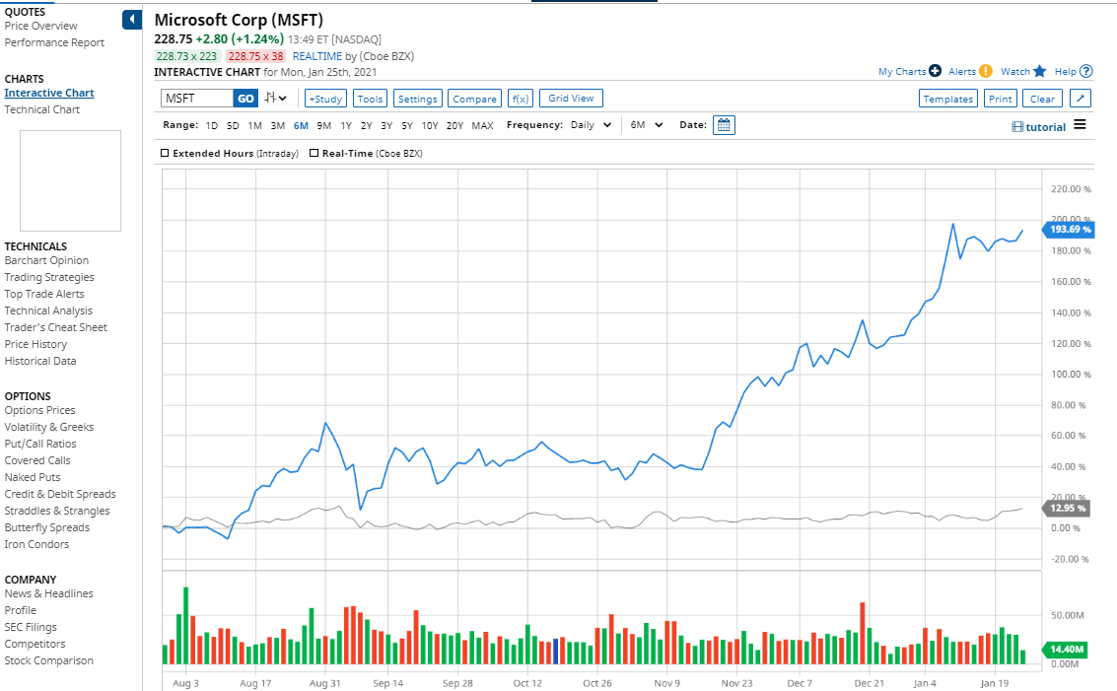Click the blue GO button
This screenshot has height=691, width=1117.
click(245, 99)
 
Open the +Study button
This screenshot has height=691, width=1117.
click(325, 99)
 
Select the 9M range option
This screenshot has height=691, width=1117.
click(323, 125)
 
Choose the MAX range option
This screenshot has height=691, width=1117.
click(482, 125)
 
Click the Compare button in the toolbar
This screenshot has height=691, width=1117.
click(474, 99)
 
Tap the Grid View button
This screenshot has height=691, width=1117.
click(571, 99)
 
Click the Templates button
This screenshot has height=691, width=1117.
click(948, 99)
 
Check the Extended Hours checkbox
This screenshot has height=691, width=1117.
click(165, 154)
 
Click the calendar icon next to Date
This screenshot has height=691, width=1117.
click(724, 125)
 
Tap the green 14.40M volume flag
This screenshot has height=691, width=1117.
click(1068, 650)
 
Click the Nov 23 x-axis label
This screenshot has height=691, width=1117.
click(737, 682)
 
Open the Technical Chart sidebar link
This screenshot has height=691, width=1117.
click(42, 109)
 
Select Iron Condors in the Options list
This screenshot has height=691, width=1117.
click(36, 544)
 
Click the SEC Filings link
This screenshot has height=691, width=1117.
click(31, 627)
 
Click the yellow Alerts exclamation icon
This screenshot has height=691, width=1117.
click(986, 71)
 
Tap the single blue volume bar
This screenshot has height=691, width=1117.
click(556, 651)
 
